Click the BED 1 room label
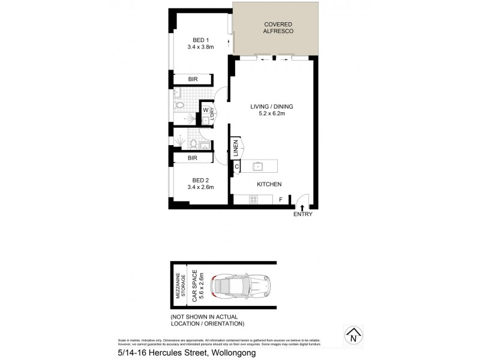coord(192,39)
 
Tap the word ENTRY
coord(302,214)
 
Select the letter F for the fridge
coord(281,199)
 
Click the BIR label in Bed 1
coord(193,79)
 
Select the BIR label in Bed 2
coord(193,158)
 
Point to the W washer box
coord(205,110)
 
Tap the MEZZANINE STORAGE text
coord(179,286)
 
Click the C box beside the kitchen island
coord(236,166)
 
